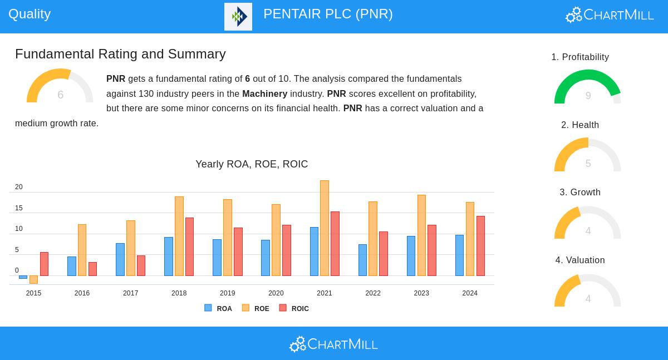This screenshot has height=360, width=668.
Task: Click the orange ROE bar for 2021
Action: pyautogui.click(x=325, y=228)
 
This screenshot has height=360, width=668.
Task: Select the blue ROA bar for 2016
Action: pyautogui.click(x=72, y=266)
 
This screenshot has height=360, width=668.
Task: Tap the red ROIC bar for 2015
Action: pyautogui.click(x=44, y=264)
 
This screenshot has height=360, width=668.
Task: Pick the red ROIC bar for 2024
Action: pyautogui.click(x=480, y=246)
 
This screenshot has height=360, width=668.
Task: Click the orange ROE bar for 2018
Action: pyautogui.click(x=179, y=236)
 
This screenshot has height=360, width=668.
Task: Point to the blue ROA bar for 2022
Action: pyautogui.click(x=362, y=260)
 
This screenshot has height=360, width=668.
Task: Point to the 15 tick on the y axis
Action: pyautogui.click(x=19, y=208)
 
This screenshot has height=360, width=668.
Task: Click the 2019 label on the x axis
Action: pyautogui.click(x=227, y=293)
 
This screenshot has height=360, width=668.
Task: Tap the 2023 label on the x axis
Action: pyautogui.click(x=421, y=293)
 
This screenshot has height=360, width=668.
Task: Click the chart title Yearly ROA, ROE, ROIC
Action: pyautogui.click(x=252, y=164)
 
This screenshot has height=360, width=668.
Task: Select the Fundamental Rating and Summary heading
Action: pyautogui.click(x=120, y=54)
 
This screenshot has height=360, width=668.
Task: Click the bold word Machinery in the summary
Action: pyautogui.click(x=264, y=93)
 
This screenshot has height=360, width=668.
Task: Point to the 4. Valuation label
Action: pyautogui.click(x=580, y=260)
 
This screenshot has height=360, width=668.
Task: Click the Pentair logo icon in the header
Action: pyautogui.click(x=238, y=17)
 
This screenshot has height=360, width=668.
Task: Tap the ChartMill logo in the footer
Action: pyautogui.click(x=333, y=344)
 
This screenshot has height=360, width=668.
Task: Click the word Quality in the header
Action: pyautogui.click(x=30, y=14)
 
